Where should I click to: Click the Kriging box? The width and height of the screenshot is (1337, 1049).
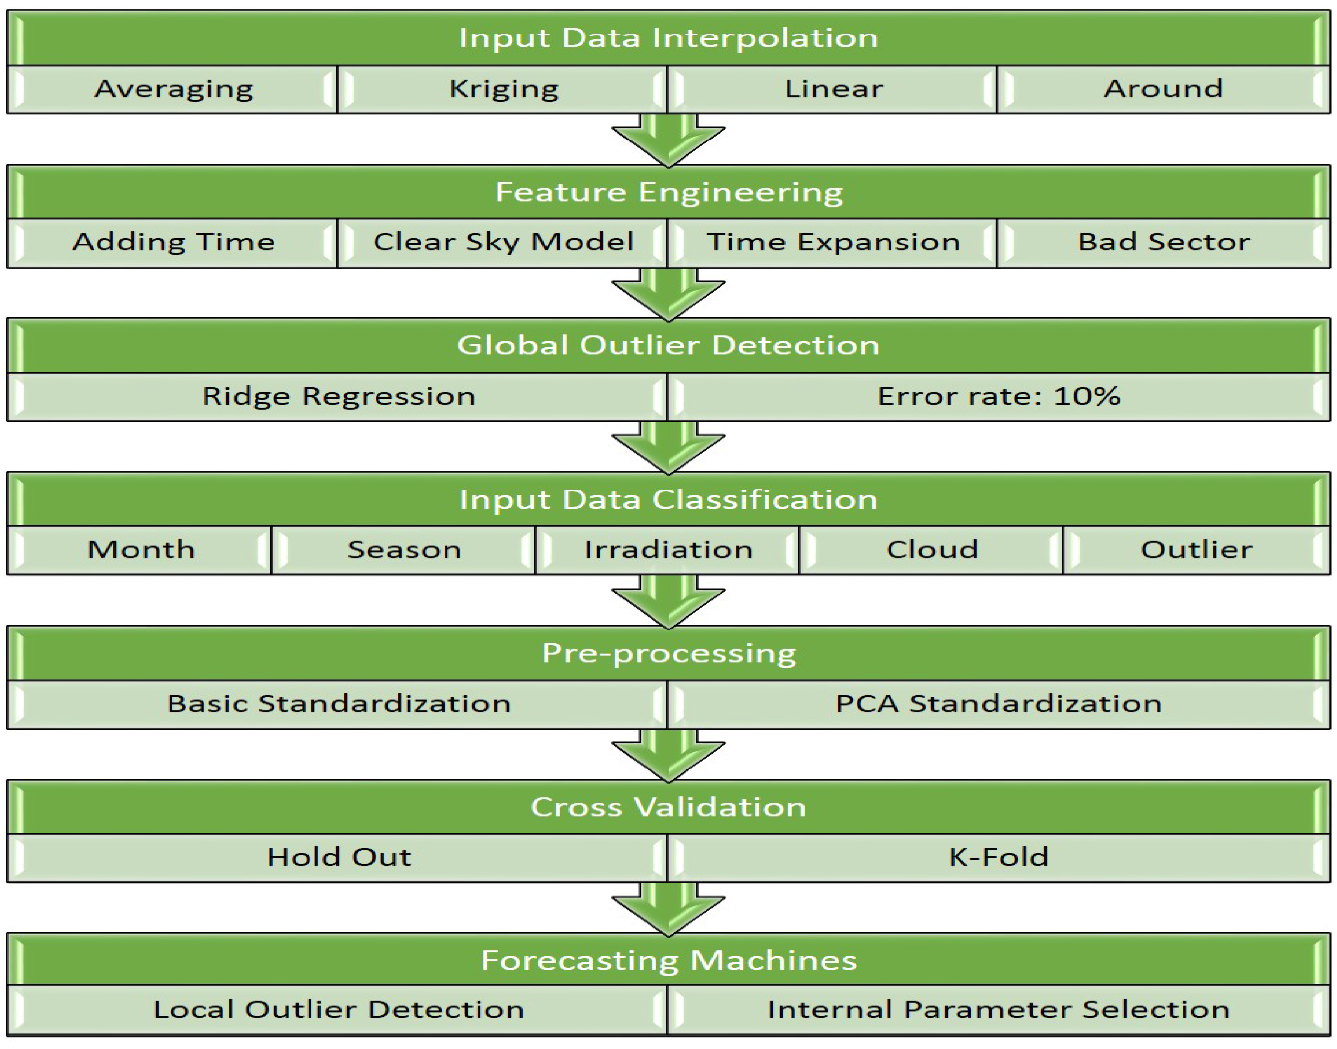pyautogui.click(x=502, y=90)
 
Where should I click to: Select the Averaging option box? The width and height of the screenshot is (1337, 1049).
pyautogui.click(x=172, y=90)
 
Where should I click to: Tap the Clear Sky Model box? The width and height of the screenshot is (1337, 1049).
pyautogui.click(x=502, y=243)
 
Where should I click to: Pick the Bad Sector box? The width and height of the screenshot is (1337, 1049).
pyautogui.click(x=1163, y=243)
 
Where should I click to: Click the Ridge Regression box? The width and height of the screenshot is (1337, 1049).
pyautogui.click(x=337, y=397)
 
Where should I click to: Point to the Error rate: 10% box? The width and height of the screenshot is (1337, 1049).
pyautogui.click(x=998, y=397)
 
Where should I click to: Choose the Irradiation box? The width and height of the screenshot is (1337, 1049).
pyautogui.click(x=667, y=550)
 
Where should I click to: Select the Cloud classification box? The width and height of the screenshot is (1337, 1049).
pyautogui.click(x=931, y=550)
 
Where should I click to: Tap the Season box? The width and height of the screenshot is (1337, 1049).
pyautogui.click(x=403, y=550)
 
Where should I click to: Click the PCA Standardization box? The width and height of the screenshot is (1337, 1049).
pyautogui.click(x=998, y=704)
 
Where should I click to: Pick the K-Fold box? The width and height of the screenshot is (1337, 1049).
pyautogui.click(x=998, y=858)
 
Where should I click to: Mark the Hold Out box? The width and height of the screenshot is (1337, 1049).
pyautogui.click(x=337, y=858)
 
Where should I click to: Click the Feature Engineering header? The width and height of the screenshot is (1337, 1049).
pyautogui.click(x=668, y=192)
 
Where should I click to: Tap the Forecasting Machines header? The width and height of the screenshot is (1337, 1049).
pyautogui.click(x=668, y=961)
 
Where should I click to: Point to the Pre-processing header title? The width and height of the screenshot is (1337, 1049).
pyautogui.click(x=668, y=654)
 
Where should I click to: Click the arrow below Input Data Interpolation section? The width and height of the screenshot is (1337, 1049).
pyautogui.click(x=668, y=140)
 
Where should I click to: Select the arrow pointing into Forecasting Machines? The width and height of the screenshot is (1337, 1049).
pyautogui.click(x=668, y=909)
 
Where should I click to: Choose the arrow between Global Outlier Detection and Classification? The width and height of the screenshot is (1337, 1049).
pyautogui.click(x=668, y=448)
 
